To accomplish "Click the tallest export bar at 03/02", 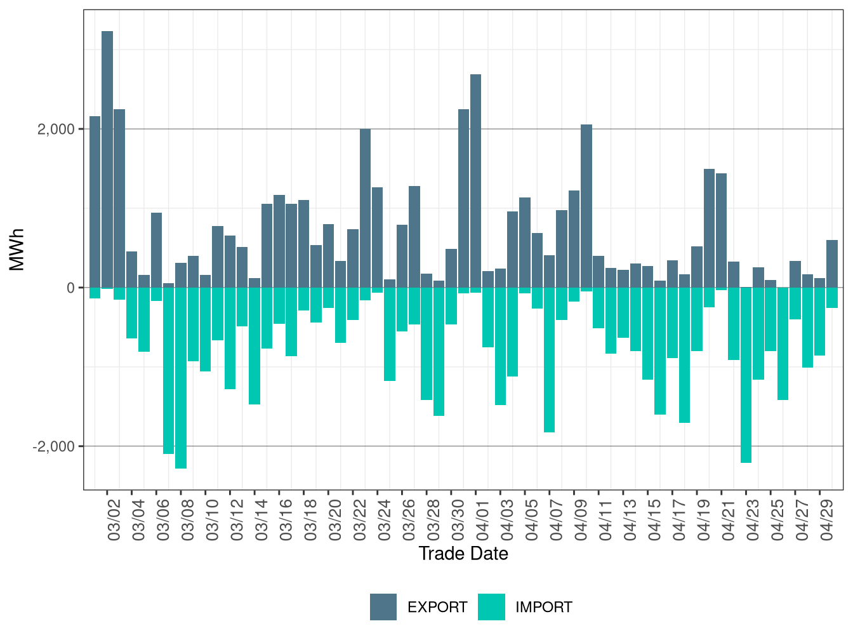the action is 107,159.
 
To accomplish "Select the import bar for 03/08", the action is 181,378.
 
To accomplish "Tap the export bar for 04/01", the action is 475,181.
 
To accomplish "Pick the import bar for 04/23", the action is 746,375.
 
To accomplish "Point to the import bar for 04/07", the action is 549,360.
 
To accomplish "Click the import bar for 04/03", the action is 500,346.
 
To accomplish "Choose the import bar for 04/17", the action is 684,355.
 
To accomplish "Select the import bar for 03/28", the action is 426,343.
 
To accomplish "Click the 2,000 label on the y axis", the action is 56,129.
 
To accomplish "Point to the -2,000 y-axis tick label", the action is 53,446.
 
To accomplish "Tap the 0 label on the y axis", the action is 70,288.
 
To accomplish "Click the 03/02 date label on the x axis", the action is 114,520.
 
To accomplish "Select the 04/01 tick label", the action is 482,520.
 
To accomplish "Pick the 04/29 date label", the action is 826,520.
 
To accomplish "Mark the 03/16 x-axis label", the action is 286,520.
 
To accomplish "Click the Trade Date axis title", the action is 463,554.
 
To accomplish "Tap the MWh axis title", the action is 17,250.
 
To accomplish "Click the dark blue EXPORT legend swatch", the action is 383,606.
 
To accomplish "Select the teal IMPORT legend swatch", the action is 492,606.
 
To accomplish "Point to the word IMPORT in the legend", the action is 544,607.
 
